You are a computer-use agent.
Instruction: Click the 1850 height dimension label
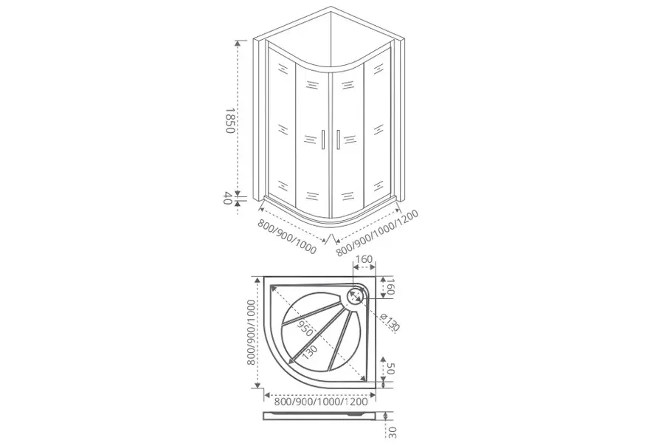pyautogui.click(x=229, y=120)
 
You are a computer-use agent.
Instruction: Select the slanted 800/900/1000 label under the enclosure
pyautogui.click(x=287, y=236)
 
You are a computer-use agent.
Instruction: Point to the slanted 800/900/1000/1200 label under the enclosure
pyautogui.click(x=377, y=233)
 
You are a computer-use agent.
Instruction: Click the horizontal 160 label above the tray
pyautogui.click(x=364, y=259)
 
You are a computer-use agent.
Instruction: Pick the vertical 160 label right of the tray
pyautogui.click(x=390, y=286)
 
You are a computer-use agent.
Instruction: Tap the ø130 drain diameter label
pyautogui.click(x=390, y=322)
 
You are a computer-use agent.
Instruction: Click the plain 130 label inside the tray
pyautogui.click(x=310, y=352)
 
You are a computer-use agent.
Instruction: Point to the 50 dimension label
pyautogui.click(x=390, y=368)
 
